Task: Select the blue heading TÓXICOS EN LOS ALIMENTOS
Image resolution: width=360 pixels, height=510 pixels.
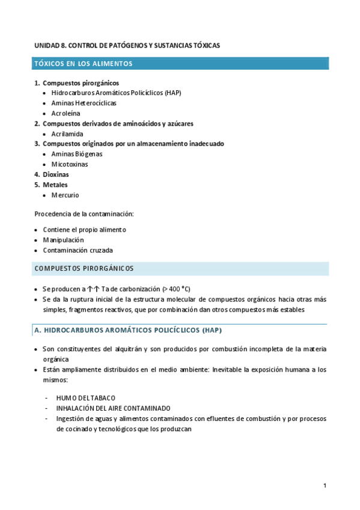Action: pyautogui.click(x=84, y=63)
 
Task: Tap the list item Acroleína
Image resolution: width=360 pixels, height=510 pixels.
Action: pyautogui.click(x=66, y=113)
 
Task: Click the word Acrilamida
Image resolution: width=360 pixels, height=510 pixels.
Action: pyautogui.click(x=67, y=134)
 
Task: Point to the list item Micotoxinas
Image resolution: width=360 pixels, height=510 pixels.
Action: pyautogui.click(x=70, y=164)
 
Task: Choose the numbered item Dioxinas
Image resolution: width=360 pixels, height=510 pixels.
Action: pyautogui.click(x=55, y=174)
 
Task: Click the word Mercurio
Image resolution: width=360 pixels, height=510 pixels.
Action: pyautogui.click(x=65, y=195)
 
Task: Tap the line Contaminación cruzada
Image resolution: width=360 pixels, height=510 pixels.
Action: pyautogui.click(x=78, y=250)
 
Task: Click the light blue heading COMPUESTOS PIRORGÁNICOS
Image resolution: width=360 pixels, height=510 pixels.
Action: pyautogui.click(x=84, y=268)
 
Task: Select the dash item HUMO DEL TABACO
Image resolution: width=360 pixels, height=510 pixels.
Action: pyautogui.click(x=85, y=398)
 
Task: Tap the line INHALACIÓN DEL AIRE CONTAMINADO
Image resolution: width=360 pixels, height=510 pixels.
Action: pyautogui.click(x=113, y=408)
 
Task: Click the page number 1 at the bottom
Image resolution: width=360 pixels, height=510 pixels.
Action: pyautogui.click(x=325, y=485)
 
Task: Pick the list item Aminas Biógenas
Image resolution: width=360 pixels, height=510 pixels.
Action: pyautogui.click(x=77, y=154)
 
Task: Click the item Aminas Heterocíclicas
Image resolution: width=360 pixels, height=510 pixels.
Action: pyautogui.click(x=84, y=103)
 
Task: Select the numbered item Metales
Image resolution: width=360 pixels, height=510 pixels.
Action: pyautogui.click(x=55, y=185)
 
